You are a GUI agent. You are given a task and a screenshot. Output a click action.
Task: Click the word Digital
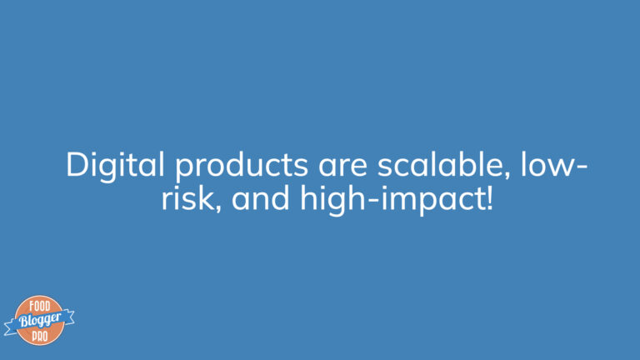pyautogui.click(x=115, y=165)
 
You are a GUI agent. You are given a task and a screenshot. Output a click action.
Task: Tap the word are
pyautogui.click(x=342, y=168)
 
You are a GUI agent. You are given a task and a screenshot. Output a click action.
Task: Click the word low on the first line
pyautogui.click(x=547, y=164)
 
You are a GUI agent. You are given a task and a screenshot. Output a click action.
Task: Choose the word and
pyautogui.click(x=260, y=197)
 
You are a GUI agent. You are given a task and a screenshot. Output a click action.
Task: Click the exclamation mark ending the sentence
pyautogui.click(x=490, y=197)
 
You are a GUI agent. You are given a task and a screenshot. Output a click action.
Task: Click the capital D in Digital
pyautogui.click(x=79, y=164)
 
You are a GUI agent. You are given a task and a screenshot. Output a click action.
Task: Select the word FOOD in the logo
pyautogui.click(x=40, y=306)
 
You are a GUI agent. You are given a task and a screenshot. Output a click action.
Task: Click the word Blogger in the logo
pyautogui.click(x=40, y=320)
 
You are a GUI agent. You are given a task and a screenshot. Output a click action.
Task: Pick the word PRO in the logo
pyautogui.click(x=40, y=337)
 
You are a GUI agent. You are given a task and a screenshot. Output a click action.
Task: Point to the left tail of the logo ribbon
pyautogui.click(x=10, y=327)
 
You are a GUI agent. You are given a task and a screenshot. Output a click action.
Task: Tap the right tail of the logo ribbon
pyautogui.click(x=68, y=317)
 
